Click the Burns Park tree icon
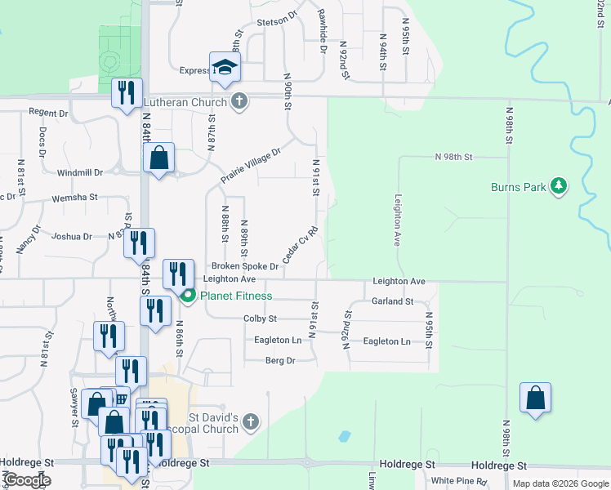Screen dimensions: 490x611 559,186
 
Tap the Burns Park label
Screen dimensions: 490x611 520,187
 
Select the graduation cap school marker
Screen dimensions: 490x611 225,67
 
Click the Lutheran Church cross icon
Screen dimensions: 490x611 239,102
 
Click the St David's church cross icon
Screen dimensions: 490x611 251,422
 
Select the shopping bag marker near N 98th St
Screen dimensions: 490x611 535,398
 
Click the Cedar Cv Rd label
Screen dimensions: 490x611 299,244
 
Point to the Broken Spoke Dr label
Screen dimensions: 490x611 245,266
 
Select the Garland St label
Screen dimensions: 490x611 393,301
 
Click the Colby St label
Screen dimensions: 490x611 261,318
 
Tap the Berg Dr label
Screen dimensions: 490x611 279,360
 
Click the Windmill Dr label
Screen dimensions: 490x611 80,173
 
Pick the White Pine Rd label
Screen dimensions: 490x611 458,481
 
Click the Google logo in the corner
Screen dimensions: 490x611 28,480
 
